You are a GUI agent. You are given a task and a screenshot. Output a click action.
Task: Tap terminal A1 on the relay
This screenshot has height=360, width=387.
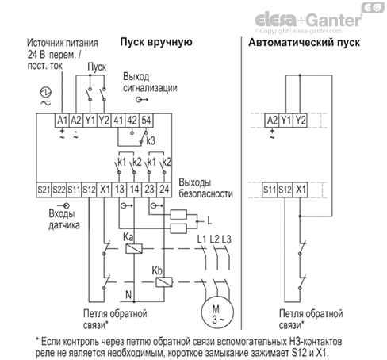tap(62, 119)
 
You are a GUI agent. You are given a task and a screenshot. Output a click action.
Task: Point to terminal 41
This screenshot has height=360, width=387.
tap(118, 119)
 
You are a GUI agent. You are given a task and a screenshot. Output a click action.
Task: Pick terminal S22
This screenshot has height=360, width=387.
tap(60, 191)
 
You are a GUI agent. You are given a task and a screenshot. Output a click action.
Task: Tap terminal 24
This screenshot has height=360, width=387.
tap(165, 191)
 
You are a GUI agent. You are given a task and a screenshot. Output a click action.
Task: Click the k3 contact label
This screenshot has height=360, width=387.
tap(150, 150)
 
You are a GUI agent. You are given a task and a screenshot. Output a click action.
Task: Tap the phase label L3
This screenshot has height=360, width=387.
tap(227, 239)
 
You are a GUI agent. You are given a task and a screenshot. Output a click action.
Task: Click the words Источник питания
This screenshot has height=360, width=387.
tap(60, 41)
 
